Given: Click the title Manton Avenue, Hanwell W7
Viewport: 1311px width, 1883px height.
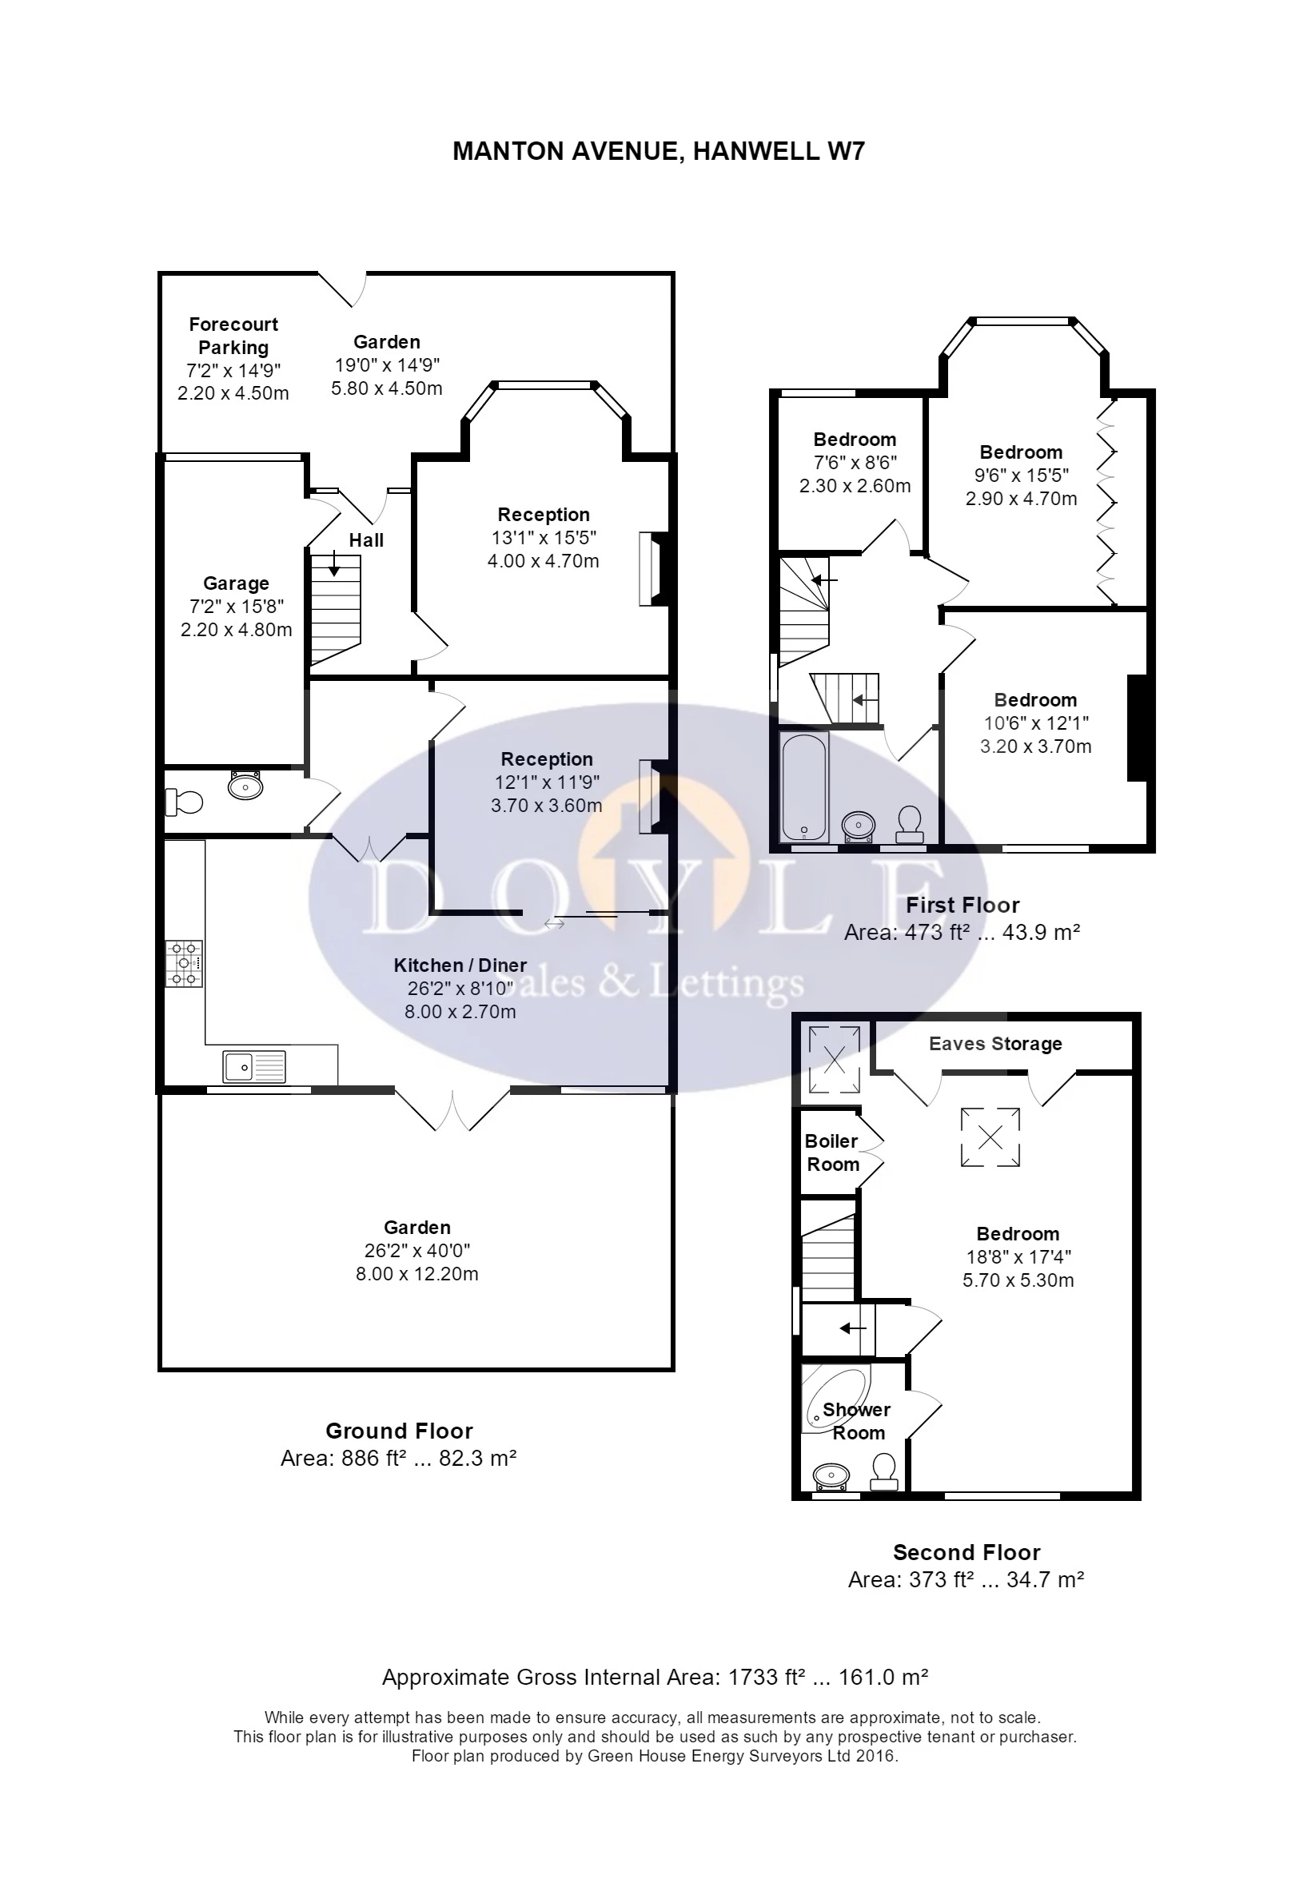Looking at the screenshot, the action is (x=658, y=152).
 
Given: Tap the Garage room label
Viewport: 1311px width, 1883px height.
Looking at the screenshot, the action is (x=237, y=583).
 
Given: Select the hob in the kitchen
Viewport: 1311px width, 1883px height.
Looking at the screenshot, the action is (x=184, y=964).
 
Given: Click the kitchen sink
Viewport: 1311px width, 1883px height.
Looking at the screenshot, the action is (x=254, y=1067).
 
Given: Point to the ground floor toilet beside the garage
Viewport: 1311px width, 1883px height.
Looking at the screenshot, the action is (x=184, y=802).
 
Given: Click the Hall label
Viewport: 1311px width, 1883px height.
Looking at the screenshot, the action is (x=366, y=540).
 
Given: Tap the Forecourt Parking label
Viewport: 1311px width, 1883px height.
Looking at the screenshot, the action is (x=233, y=336).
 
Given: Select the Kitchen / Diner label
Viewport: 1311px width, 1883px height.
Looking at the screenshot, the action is (x=460, y=965).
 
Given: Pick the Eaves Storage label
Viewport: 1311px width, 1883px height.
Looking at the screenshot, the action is (x=995, y=1043).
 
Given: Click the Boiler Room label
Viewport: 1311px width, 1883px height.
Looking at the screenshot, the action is (x=832, y=1152).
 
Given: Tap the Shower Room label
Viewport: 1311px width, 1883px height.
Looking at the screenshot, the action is (x=857, y=1421).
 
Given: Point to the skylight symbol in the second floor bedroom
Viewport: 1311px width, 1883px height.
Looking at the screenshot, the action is (x=990, y=1137).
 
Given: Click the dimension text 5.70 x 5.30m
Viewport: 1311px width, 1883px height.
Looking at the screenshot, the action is (x=1018, y=1280).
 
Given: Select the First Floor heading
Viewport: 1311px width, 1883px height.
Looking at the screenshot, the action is (x=962, y=906).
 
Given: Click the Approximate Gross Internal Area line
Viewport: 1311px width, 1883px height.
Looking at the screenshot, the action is (x=655, y=1677).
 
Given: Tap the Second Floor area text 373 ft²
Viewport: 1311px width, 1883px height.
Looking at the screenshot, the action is (x=937, y=1579).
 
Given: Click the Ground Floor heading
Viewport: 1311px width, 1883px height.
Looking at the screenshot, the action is (x=399, y=1431).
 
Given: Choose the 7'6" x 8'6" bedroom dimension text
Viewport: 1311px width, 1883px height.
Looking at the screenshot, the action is (x=855, y=463).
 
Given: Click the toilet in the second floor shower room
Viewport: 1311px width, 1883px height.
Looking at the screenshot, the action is (x=884, y=1471).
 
